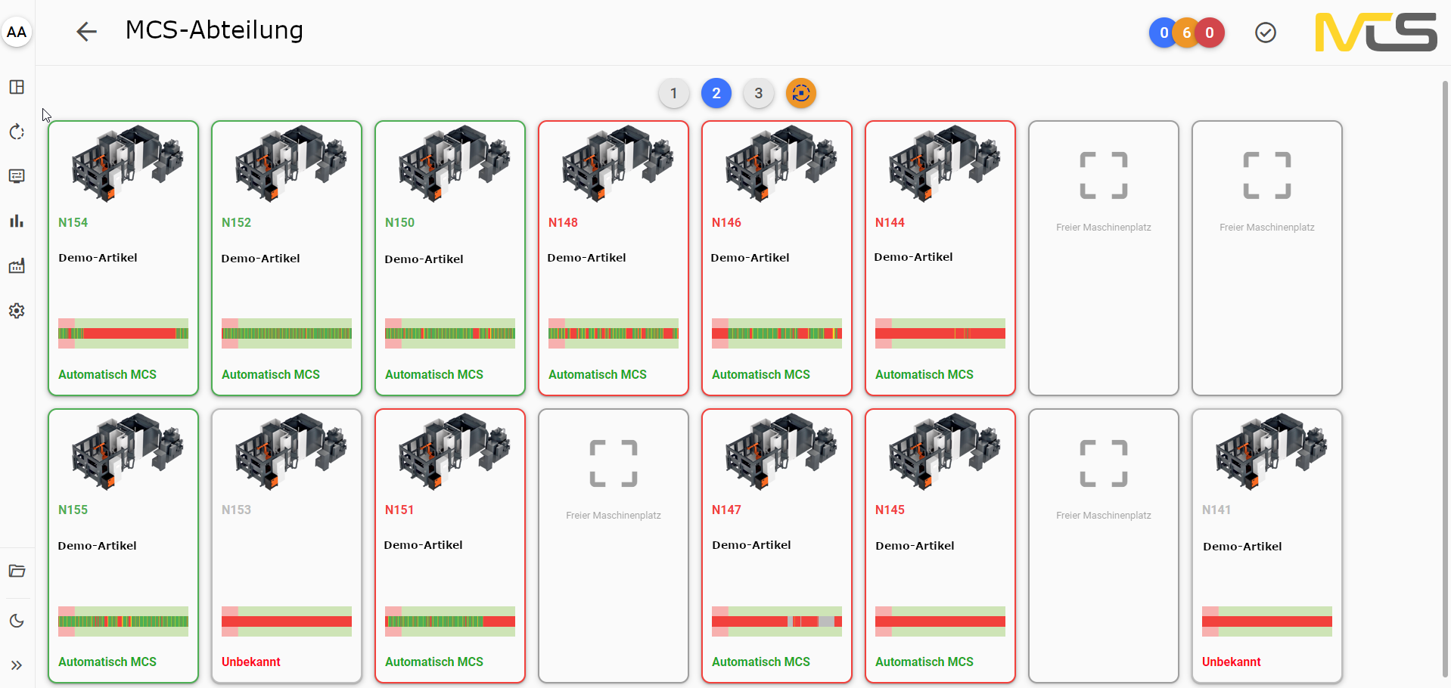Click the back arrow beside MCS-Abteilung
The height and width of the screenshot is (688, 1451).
(x=87, y=32)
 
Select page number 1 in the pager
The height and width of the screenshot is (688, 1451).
(x=673, y=94)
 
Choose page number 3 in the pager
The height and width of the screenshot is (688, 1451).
(x=758, y=94)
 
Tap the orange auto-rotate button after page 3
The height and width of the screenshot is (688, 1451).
(x=801, y=94)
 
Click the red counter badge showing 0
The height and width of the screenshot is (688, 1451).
(x=1210, y=33)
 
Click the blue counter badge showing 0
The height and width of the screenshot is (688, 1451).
(x=1163, y=33)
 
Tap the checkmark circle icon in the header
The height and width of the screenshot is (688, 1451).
(x=1266, y=33)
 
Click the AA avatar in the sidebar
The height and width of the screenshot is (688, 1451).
(x=17, y=32)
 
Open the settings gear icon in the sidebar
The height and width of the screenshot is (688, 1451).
(x=17, y=311)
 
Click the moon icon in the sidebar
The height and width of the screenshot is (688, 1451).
(x=17, y=621)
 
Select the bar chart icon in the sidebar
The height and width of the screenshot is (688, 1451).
(x=17, y=221)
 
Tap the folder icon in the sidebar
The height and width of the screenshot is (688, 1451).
(x=17, y=571)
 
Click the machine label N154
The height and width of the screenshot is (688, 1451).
(x=73, y=222)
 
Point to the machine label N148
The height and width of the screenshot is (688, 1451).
(x=563, y=222)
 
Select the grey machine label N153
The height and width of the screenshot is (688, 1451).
(x=236, y=510)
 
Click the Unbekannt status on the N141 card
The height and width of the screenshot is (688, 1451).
(x=1231, y=662)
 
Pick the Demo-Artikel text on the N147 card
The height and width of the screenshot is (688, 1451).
(x=751, y=545)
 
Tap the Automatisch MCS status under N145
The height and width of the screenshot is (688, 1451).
(x=924, y=662)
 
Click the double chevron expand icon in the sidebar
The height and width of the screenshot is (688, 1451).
(x=17, y=665)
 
